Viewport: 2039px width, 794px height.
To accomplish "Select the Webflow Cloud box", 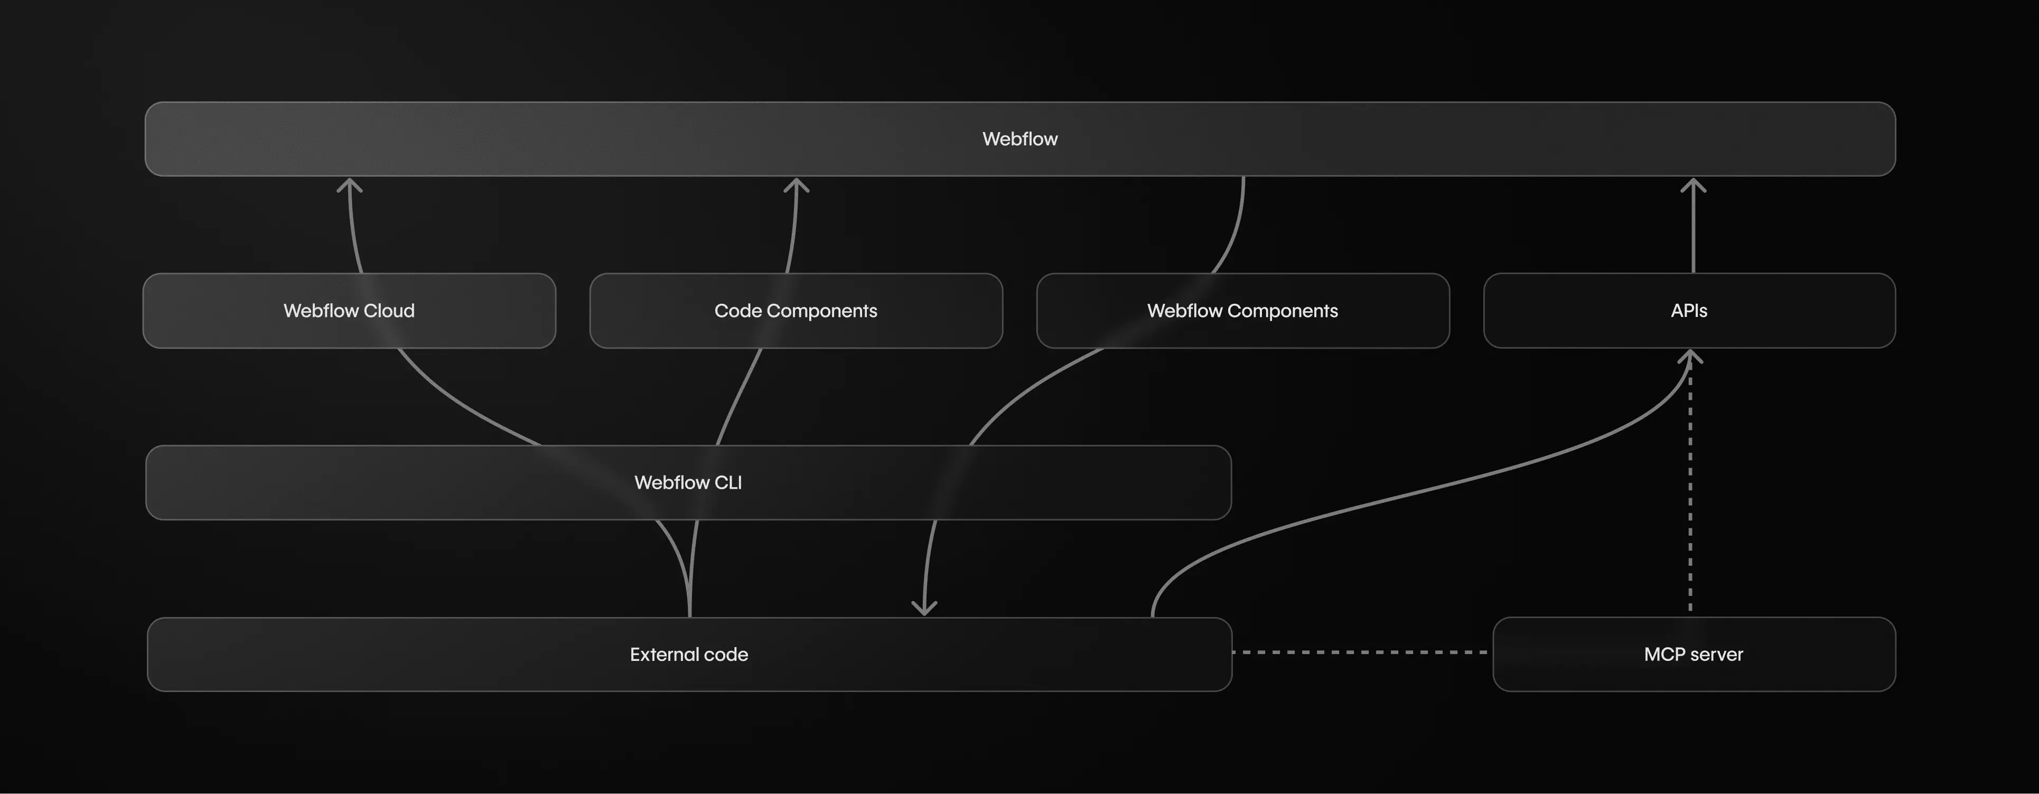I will point(349,310).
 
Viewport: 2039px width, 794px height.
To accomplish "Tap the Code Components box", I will point(796,310).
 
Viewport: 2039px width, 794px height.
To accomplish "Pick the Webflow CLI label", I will point(688,483).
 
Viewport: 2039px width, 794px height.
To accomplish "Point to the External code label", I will point(689,655).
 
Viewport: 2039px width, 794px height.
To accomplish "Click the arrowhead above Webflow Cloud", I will point(349,185).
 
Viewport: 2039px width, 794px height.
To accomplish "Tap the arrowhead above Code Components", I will point(796,185).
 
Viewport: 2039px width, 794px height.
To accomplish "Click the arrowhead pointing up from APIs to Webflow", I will point(1693,185).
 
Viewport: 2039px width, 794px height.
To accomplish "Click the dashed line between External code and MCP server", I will point(1360,652).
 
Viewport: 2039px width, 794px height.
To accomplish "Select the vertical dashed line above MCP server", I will point(1690,491).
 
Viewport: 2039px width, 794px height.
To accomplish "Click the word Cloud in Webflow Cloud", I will point(389,310).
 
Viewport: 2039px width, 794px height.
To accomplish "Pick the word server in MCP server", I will point(1716,655).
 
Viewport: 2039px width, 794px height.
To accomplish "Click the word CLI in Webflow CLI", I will point(727,483).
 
